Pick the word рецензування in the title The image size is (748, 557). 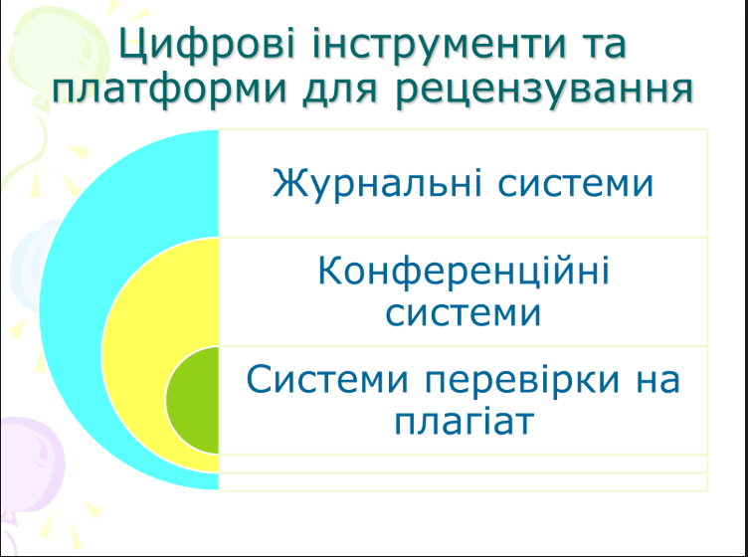coord(542,91)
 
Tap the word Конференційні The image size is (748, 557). coord(463,272)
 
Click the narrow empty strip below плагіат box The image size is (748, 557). coord(463,464)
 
